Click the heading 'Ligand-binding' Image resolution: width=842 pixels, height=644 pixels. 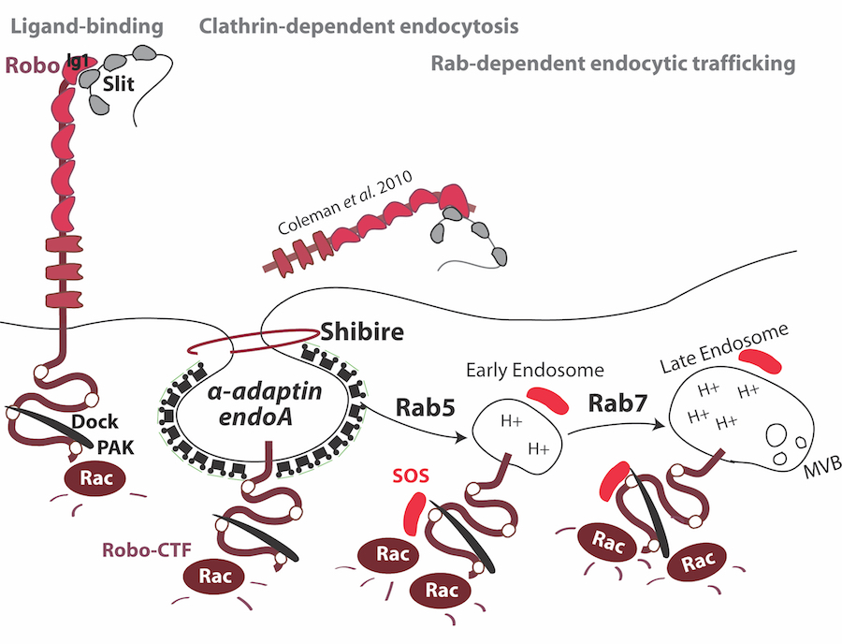point(85,25)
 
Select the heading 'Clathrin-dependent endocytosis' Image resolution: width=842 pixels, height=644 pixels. point(358,25)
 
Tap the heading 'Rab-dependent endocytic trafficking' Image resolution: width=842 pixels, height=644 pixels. point(613,64)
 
